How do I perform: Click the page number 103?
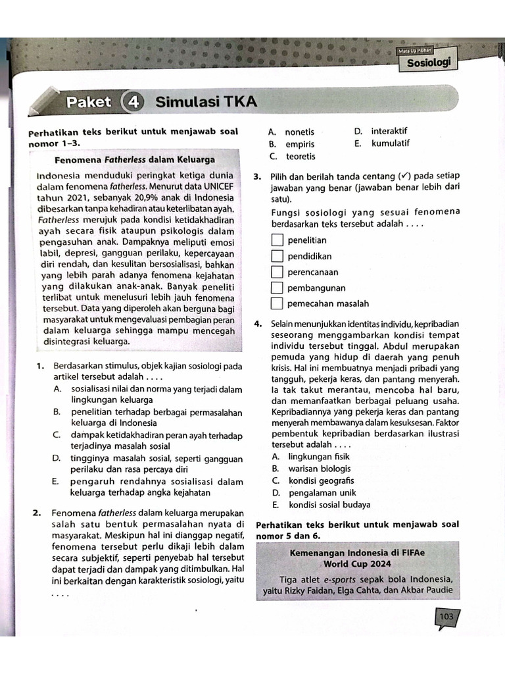tap(446, 617)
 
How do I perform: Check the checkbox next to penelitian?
tap(277, 240)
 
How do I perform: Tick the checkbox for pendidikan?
tap(277, 256)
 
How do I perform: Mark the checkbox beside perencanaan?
tap(277, 272)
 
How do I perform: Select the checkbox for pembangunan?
tap(277, 288)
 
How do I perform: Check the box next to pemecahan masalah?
tap(277, 303)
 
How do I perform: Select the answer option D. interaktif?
tap(381, 131)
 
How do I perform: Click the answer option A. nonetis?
tap(291, 132)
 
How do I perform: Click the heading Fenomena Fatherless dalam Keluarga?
tap(135, 159)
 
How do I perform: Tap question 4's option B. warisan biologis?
tap(311, 469)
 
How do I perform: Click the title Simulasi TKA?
tap(206, 102)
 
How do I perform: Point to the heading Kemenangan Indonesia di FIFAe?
tap(357, 553)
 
